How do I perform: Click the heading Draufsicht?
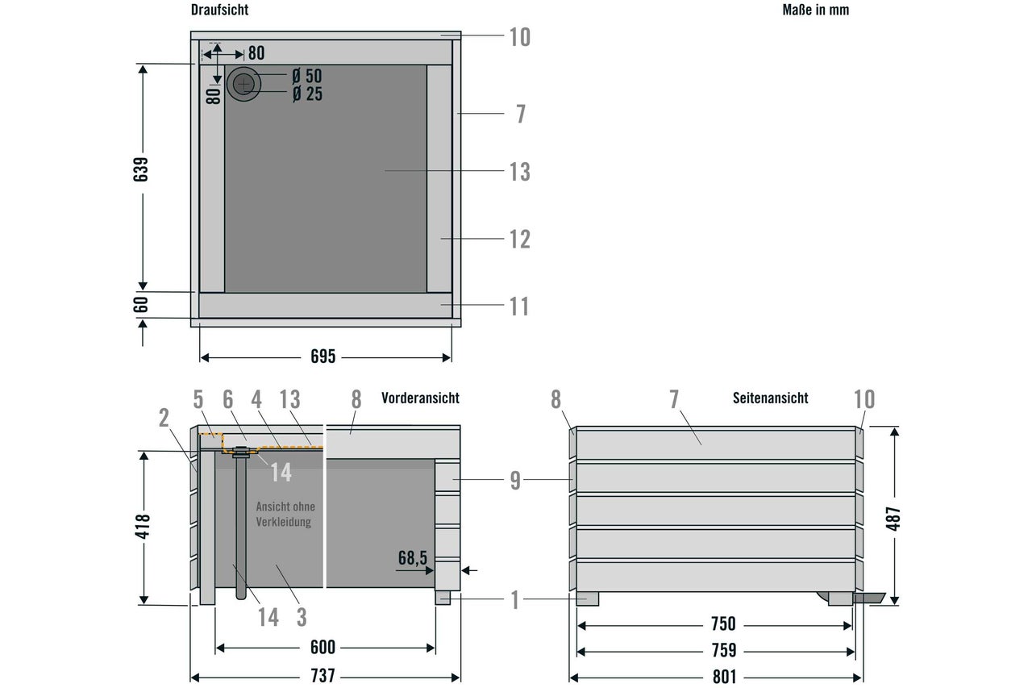point(220,10)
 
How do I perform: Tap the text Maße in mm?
point(815,10)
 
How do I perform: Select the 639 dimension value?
point(141,169)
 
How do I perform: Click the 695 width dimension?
point(322,357)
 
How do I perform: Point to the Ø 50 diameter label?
point(307,76)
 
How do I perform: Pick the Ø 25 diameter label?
point(307,94)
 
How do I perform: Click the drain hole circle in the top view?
point(243,84)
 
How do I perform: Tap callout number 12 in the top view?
point(520,240)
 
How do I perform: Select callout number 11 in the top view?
point(519,306)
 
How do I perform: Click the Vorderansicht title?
point(420,398)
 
